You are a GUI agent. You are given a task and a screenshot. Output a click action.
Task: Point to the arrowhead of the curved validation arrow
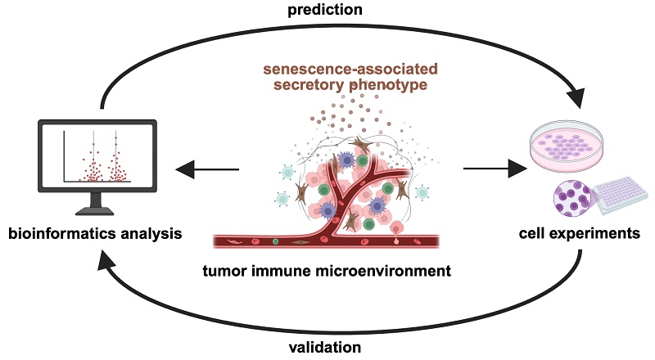[x=105, y=260]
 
